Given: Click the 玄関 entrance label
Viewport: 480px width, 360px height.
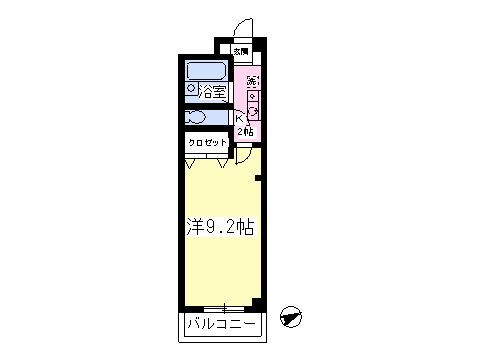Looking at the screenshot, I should tap(241, 50).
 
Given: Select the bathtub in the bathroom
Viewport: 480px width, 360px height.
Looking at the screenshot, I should tap(207, 71).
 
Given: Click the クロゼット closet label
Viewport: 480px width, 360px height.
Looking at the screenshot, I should tap(207, 143).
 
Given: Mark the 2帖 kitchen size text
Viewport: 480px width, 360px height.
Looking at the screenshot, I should tap(243, 131).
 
